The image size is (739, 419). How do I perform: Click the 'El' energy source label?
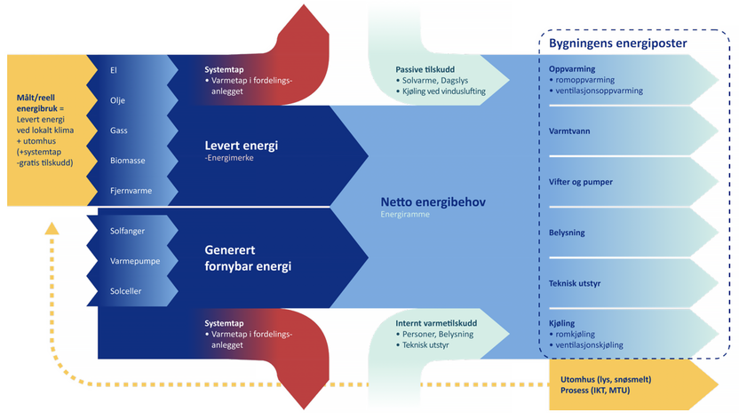point(113,69)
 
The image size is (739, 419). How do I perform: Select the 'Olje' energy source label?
point(116,100)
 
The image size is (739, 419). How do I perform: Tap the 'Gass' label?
point(118,130)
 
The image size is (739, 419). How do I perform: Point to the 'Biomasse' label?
point(127,161)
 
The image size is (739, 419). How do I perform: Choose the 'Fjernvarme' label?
point(129,191)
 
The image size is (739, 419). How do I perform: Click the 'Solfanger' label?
point(128,231)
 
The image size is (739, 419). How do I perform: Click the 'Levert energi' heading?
point(242,146)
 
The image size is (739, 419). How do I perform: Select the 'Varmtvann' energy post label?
point(570,131)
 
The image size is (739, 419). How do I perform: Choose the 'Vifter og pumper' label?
point(581,182)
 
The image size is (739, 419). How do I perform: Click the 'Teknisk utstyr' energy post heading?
point(577,283)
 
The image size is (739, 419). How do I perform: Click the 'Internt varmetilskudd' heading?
point(437,323)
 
